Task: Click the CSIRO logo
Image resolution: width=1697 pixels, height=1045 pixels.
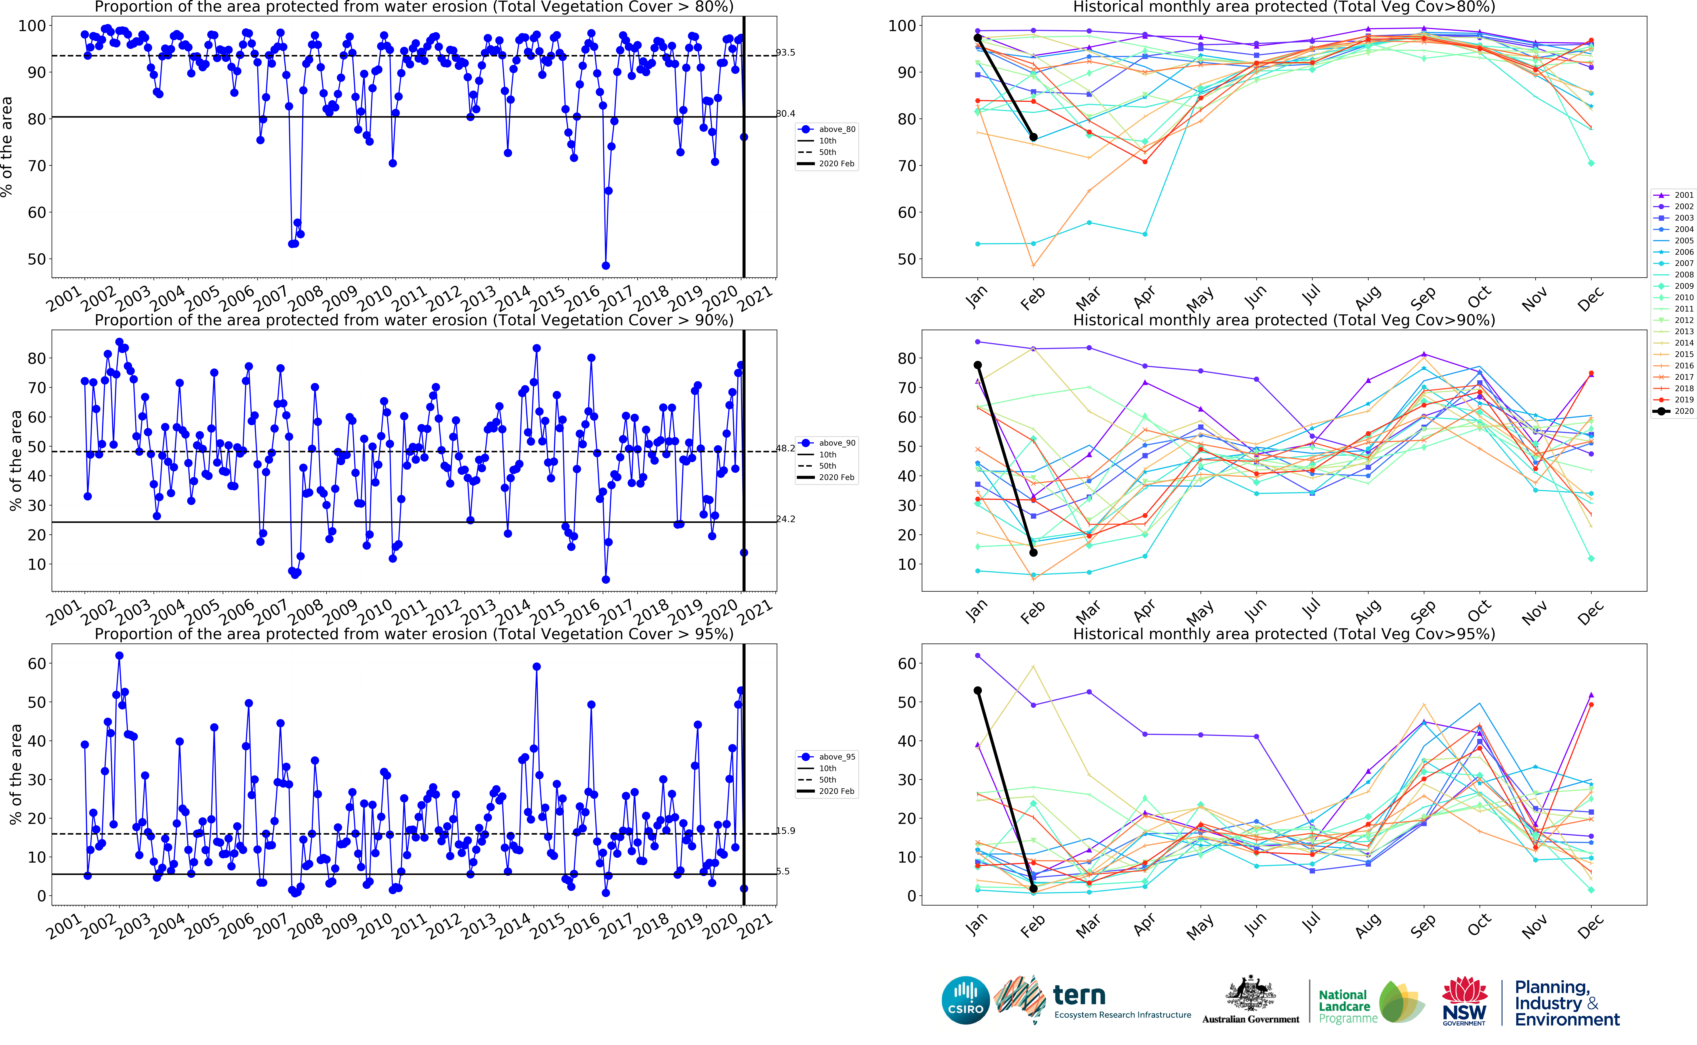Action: point(965,1000)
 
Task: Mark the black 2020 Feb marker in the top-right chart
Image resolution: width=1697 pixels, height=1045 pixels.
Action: point(1033,137)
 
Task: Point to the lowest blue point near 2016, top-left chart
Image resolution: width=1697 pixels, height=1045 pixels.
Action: point(606,265)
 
